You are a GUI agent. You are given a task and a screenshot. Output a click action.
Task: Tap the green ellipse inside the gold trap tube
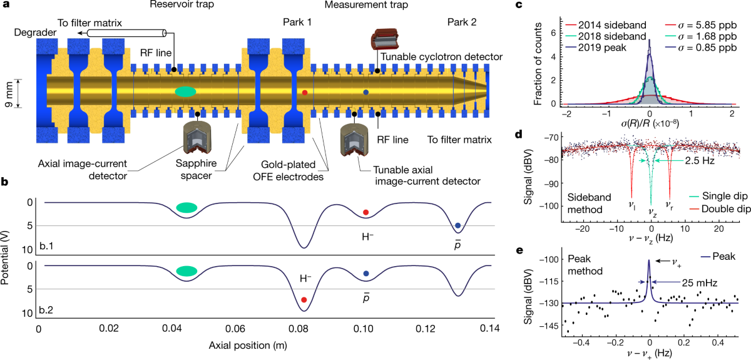coord(184,91)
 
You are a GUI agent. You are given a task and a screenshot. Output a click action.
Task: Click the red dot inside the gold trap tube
coord(305,93)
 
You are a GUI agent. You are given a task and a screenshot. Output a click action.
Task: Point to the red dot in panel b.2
coord(304,300)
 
